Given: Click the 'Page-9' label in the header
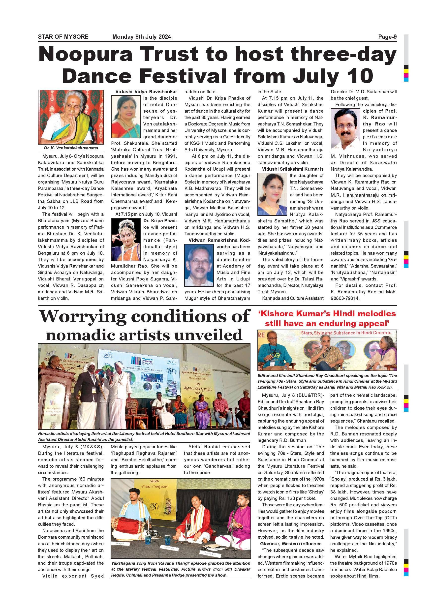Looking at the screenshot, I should tap(387, 37).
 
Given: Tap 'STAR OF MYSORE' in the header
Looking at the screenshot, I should tap(63, 37).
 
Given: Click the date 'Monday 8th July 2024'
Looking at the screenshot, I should tap(141, 37).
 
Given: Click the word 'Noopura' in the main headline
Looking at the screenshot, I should tap(86, 54).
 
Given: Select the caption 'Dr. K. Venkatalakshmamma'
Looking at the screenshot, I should tap(71, 148).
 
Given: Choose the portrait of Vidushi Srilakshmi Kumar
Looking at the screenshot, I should tap(272, 194).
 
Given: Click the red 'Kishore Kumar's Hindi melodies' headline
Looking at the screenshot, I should tap(327, 314).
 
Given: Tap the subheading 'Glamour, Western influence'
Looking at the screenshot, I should tap(291, 544).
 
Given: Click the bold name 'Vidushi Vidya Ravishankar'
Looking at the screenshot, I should tap(146, 92).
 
